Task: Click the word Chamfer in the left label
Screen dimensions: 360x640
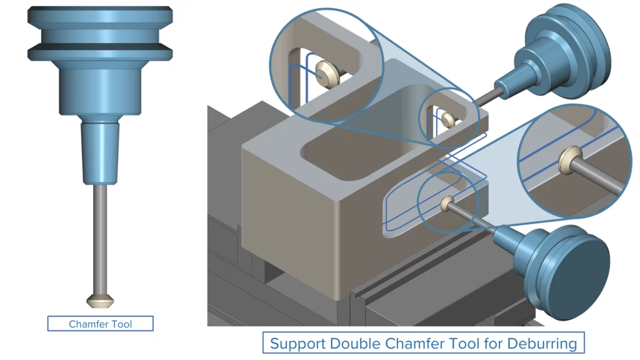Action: (x=87, y=324)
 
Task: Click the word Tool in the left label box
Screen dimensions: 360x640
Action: (x=122, y=324)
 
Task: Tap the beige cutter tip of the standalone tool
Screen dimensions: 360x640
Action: (x=100, y=301)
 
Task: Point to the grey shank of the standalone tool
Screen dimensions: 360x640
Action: (x=100, y=237)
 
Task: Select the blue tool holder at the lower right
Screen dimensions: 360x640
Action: (x=556, y=262)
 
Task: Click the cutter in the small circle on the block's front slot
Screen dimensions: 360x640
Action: (x=446, y=201)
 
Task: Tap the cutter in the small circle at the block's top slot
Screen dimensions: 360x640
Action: (x=447, y=117)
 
